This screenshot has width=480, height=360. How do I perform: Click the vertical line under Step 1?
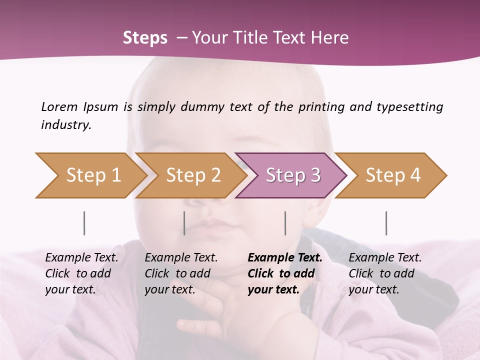pyautogui.click(x=84, y=223)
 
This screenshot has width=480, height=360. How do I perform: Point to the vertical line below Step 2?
pyautogui.click(x=184, y=223)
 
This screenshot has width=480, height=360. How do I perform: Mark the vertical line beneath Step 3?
pyautogui.click(x=285, y=223)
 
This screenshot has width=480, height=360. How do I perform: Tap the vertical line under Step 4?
pyautogui.click(x=386, y=223)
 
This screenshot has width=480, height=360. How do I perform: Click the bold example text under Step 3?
pyautogui.click(x=285, y=273)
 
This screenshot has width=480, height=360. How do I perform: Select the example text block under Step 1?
pyautogui.click(x=81, y=273)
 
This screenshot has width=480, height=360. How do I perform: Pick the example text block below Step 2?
pyautogui.click(x=181, y=273)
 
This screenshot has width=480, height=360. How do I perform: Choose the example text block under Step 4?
pyautogui.click(x=385, y=273)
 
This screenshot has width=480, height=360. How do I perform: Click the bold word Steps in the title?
pyautogui.click(x=145, y=38)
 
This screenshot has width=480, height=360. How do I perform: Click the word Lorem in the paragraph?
pyautogui.click(x=59, y=106)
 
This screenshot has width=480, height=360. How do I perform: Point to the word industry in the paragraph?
pyautogui.click(x=66, y=125)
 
